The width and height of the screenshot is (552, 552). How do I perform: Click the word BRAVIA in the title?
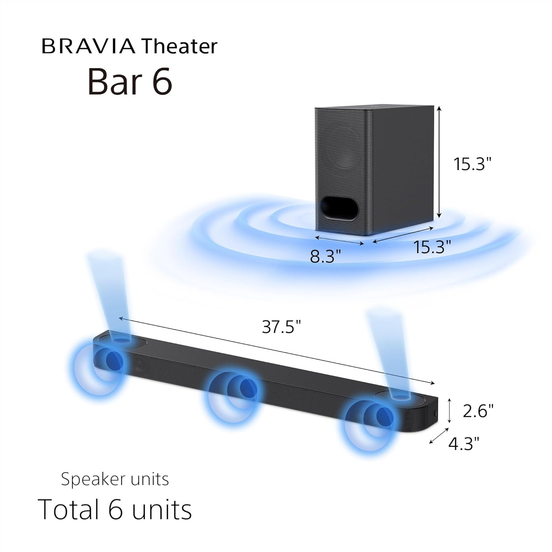click(88, 46)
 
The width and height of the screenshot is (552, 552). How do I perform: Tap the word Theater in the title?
click(179, 46)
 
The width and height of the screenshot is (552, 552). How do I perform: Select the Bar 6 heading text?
click(130, 81)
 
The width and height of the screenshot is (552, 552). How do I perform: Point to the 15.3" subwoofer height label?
click(472, 164)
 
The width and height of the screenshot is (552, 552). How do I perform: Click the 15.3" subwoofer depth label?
click(432, 247)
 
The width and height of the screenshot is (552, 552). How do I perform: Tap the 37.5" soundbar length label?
click(282, 326)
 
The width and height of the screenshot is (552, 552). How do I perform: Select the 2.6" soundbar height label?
click(478, 411)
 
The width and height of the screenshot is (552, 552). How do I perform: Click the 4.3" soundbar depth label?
click(464, 443)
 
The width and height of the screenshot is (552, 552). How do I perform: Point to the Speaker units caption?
click(115, 479)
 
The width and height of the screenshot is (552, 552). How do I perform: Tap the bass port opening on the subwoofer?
click(339, 209)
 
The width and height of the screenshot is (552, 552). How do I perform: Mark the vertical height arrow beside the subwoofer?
click(439, 162)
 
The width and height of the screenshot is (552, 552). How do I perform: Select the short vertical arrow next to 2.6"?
click(449, 411)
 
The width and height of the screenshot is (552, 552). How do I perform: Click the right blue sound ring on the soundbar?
click(372, 423)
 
